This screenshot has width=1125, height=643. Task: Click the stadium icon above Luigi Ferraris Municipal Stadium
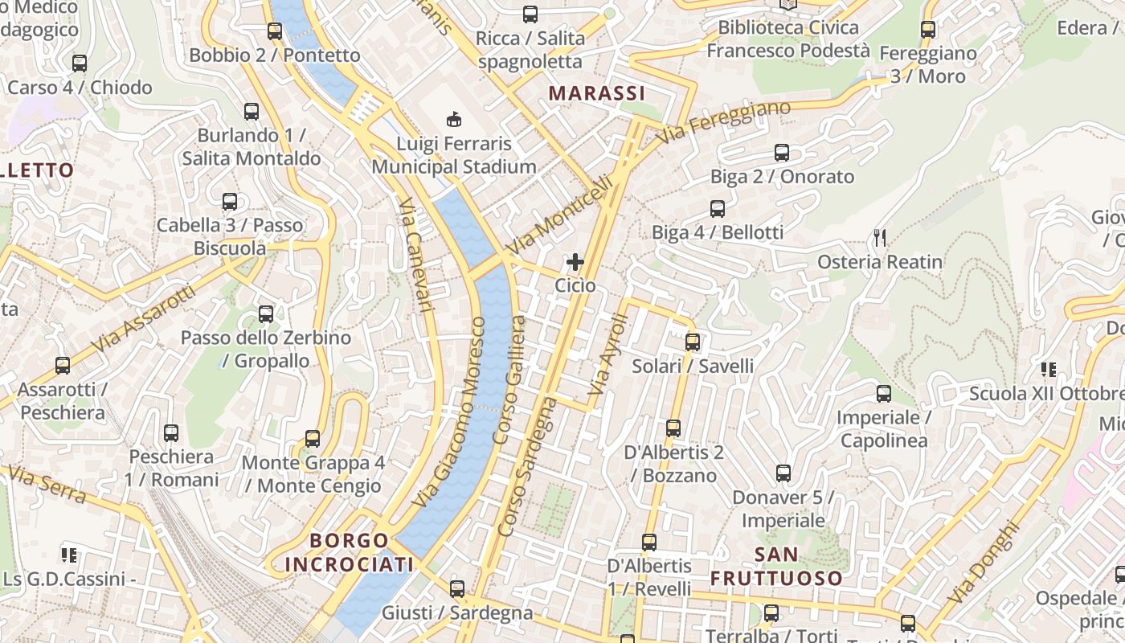pyautogui.click(x=454, y=120)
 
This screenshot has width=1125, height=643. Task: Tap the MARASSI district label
pyautogui.click(x=597, y=93)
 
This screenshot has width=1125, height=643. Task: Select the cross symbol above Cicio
pyautogui.click(x=575, y=262)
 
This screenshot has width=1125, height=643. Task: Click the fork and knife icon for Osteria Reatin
pyautogui.click(x=880, y=238)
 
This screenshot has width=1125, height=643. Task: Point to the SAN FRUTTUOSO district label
pyautogui.click(x=776, y=566)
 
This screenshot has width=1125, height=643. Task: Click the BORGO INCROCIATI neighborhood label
pyautogui.click(x=350, y=552)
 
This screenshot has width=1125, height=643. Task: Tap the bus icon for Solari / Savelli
pyautogui.click(x=693, y=342)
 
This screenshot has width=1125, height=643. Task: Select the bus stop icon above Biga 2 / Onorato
pyautogui.click(x=782, y=153)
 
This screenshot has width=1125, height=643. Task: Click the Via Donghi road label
pyautogui.click(x=983, y=563)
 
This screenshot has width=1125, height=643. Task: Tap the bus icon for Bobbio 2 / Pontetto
pyautogui.click(x=275, y=31)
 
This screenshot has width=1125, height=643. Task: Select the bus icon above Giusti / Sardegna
pyautogui.click(x=457, y=589)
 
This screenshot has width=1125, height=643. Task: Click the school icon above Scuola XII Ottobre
pyautogui.click(x=1048, y=370)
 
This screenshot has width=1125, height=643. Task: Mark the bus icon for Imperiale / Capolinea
pyautogui.click(x=884, y=394)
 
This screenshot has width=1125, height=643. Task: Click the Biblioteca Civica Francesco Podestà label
pyautogui.click(x=787, y=39)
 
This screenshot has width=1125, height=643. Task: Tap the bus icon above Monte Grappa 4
pyautogui.click(x=313, y=439)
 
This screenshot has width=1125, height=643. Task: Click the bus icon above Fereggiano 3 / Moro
pyautogui.click(x=928, y=30)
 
